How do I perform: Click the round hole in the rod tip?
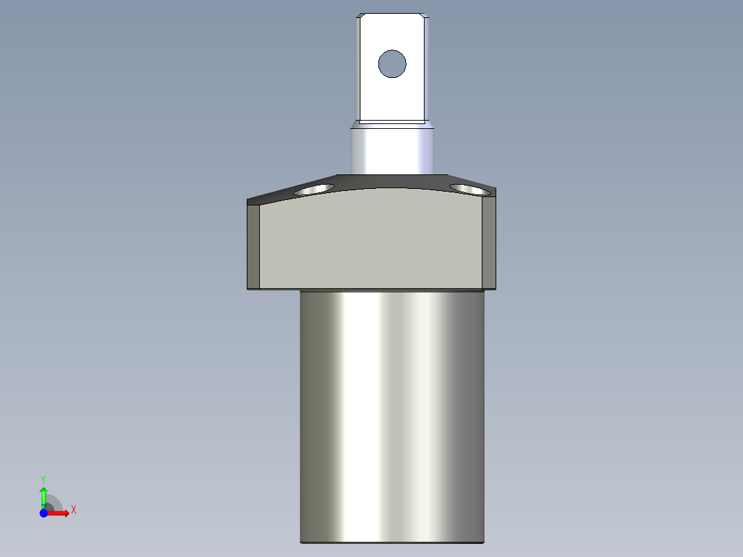pos(392,64)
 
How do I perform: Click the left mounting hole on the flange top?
pos(314,189)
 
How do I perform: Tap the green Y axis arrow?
pos(43,494)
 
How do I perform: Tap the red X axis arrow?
pos(61,513)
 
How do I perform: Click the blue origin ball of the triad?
pos(44,513)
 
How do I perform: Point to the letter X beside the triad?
pos(73,510)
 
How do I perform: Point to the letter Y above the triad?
pos(43,478)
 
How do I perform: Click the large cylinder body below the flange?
pos(392,414)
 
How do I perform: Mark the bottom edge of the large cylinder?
pos(392,542)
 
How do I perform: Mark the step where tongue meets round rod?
pos(392,124)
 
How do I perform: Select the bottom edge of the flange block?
pos(371,289)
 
